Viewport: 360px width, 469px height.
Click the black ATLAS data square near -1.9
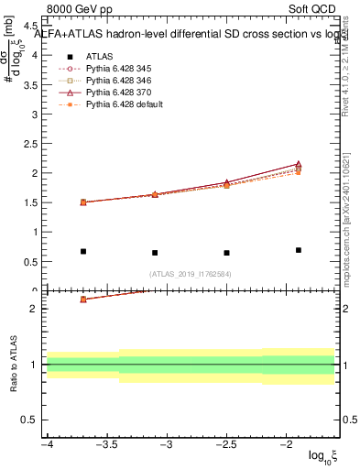pyautogui.click(x=299, y=250)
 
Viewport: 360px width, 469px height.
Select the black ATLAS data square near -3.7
pyautogui.click(x=82, y=251)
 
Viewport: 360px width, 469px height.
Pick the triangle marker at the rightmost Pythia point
pyautogui.click(x=299, y=164)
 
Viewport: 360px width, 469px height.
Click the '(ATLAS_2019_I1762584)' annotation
pyautogui.click(x=191, y=273)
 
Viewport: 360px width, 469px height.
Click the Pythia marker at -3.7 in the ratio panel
pyautogui.click(x=82, y=300)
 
